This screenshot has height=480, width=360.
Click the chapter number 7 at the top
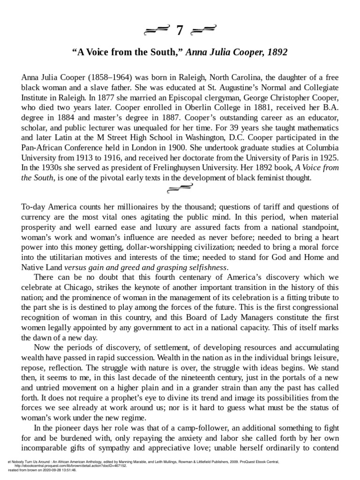tap(180, 31)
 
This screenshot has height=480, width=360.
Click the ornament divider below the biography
tap(180, 189)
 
